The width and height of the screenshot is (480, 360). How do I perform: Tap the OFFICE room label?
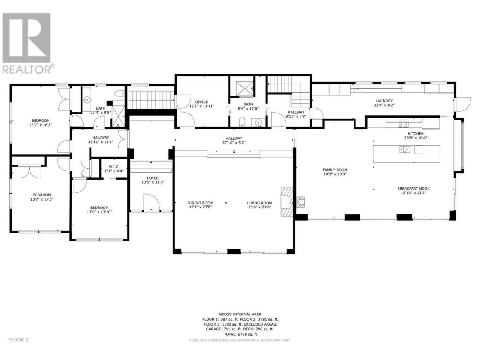pos(201,102)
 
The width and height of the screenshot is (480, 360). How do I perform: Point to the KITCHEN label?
pos(415,133)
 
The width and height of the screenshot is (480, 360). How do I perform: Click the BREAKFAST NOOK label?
pos(413,188)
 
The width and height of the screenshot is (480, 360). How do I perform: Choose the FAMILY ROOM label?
pos(335,170)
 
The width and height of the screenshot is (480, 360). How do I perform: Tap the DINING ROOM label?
pos(200,203)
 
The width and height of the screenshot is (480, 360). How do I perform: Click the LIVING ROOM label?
pos(259,203)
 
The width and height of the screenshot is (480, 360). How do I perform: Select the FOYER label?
pos(153,178)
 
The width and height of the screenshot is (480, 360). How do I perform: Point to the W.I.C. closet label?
pos(114,167)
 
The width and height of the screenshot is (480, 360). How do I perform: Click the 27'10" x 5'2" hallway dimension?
pos(234,143)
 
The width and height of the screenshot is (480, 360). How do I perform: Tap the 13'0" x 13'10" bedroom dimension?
pos(99,212)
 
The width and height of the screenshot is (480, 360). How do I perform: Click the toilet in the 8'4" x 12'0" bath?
pos(242,121)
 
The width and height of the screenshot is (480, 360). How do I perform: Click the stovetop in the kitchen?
pos(403,123)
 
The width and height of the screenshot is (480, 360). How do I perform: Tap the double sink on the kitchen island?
pos(405,150)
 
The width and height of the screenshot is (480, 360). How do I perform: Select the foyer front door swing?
pos(151,202)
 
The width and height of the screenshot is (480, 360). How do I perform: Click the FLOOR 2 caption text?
pos(18,346)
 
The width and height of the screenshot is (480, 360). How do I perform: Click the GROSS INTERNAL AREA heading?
pos(240,314)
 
